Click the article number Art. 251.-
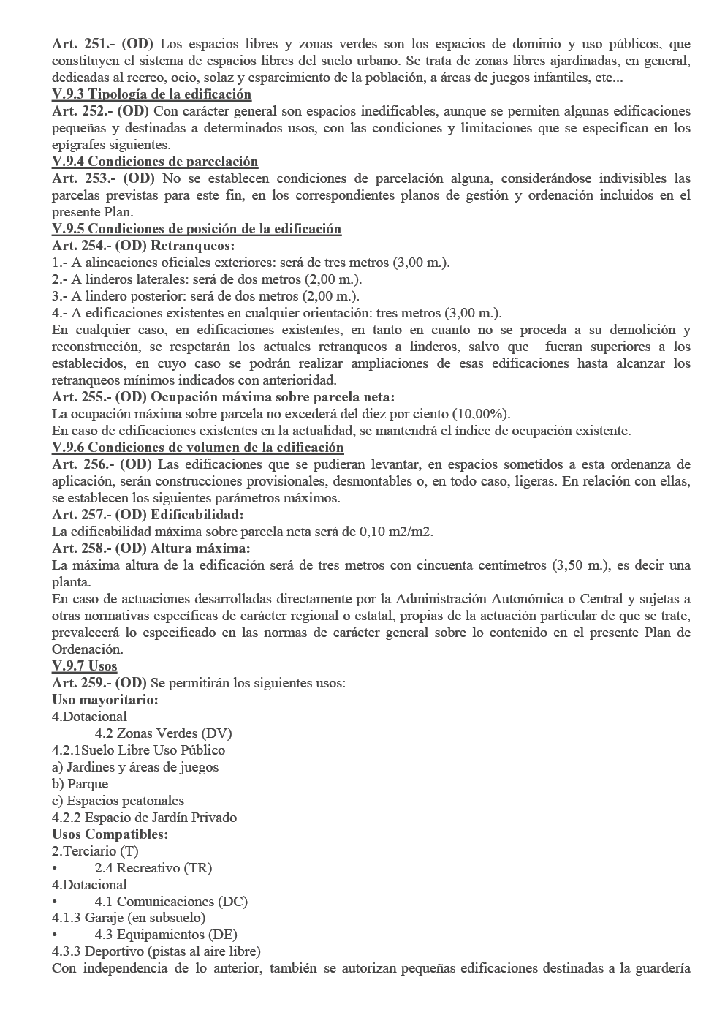(x=80, y=44)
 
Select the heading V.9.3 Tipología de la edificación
(x=151, y=94)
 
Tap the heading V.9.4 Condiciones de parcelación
(x=155, y=162)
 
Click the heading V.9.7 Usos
(x=84, y=666)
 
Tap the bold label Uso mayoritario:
(x=105, y=700)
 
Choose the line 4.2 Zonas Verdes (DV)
(x=163, y=733)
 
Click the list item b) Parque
(x=80, y=784)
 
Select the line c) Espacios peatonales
(x=118, y=801)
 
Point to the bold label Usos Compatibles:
(x=110, y=834)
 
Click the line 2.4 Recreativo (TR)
(x=153, y=868)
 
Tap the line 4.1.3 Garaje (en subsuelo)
(x=129, y=918)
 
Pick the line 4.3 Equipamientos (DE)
(x=165, y=935)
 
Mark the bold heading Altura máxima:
(x=200, y=548)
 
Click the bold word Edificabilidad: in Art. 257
(x=197, y=515)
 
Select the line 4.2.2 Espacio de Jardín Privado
(x=144, y=818)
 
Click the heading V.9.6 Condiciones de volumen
(x=197, y=448)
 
